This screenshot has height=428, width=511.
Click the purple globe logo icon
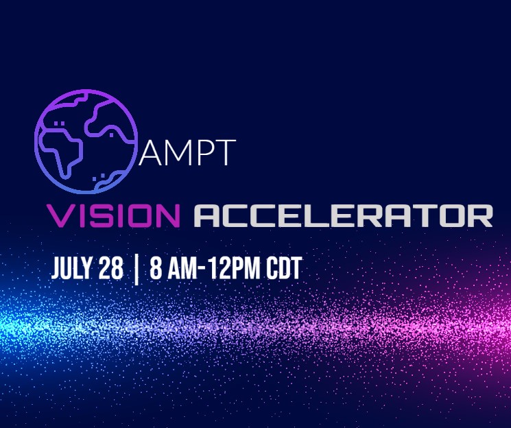click(86, 142)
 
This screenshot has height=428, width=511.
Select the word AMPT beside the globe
click(187, 152)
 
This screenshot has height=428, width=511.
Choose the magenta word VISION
click(113, 216)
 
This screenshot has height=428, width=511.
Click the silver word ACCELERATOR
click(343, 216)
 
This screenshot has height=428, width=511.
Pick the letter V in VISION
click(60, 216)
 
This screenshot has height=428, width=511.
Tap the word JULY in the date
click(72, 268)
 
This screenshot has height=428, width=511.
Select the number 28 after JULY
click(111, 268)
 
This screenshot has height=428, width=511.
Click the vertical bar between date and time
click(136, 270)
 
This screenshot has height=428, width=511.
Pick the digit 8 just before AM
click(156, 268)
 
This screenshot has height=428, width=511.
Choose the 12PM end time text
click(235, 268)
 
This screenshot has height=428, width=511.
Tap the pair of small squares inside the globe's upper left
click(59, 123)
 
